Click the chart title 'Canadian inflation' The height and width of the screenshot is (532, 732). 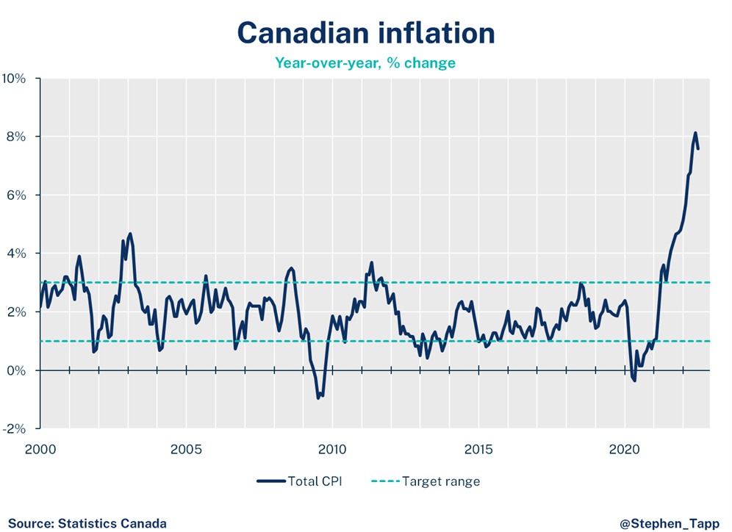point(365,33)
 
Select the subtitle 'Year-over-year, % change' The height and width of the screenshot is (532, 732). point(365,63)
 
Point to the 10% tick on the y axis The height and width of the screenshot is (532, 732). point(15,79)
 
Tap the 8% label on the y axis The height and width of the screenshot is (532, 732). point(18,137)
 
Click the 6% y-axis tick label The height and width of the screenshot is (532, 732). point(18,195)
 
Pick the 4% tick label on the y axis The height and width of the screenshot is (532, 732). point(18,254)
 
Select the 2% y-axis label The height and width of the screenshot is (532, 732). point(18,312)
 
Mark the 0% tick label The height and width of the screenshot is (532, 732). point(18,370)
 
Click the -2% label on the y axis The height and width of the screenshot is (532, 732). point(16,429)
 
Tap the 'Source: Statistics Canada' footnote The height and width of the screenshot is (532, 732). point(87,524)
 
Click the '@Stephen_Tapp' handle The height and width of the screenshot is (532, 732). point(669,524)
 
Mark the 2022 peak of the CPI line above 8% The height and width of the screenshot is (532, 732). point(695,133)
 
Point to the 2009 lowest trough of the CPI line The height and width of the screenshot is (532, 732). point(318,398)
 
